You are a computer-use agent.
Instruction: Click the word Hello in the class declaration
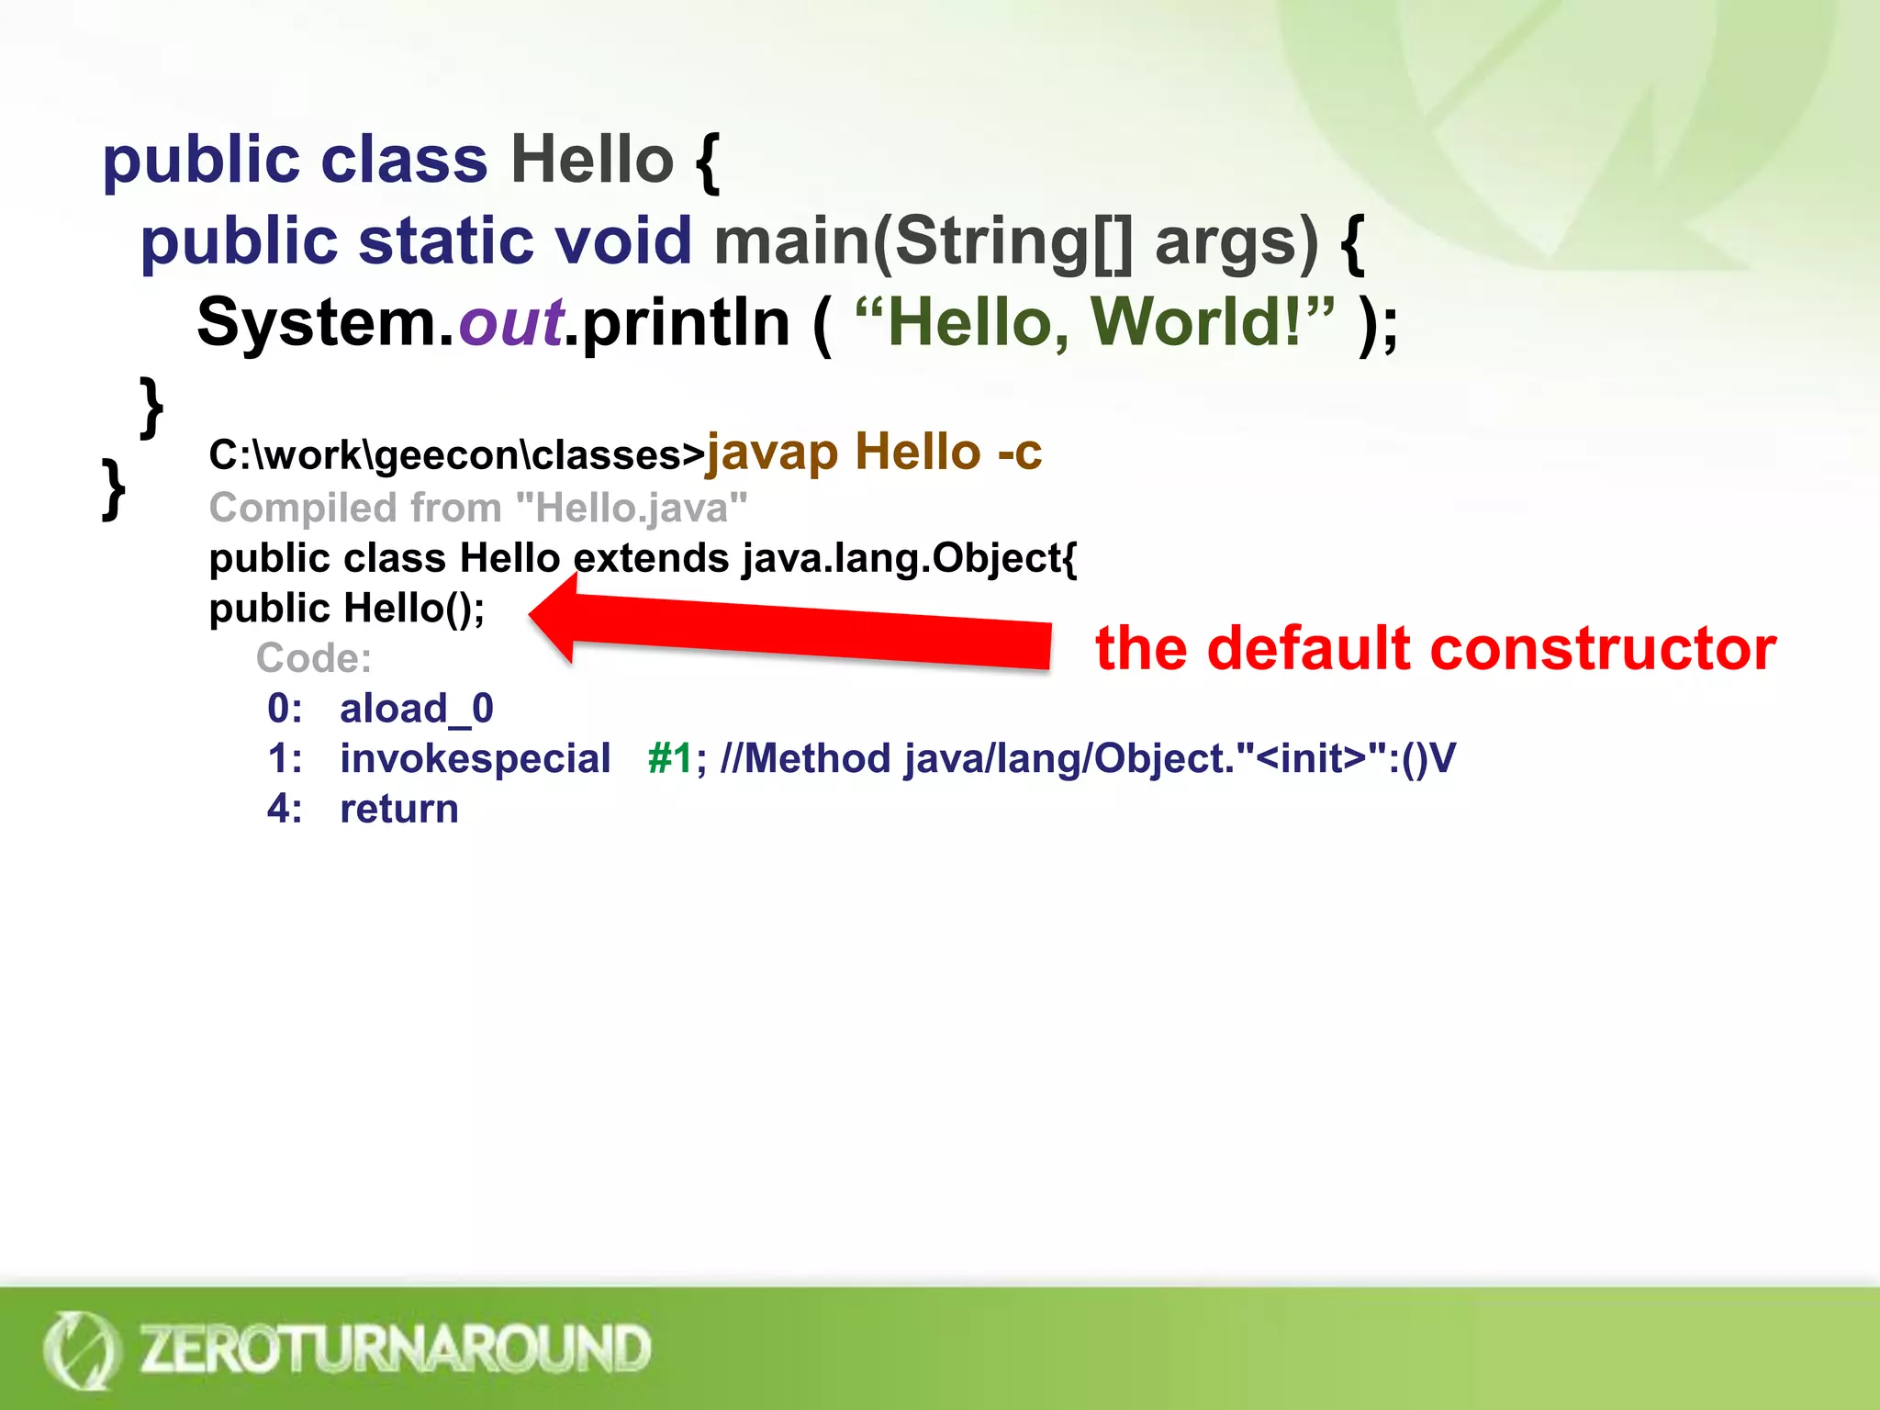click(x=592, y=160)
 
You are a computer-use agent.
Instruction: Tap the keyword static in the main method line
click(x=446, y=241)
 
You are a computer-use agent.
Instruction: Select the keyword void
click(x=623, y=241)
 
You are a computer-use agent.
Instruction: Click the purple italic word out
click(x=510, y=322)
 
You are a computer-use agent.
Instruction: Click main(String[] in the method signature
click(x=923, y=242)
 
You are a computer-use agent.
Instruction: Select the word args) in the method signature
click(x=1236, y=242)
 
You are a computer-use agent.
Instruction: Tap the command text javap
click(x=771, y=453)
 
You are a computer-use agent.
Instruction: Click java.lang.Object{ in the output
click(x=909, y=558)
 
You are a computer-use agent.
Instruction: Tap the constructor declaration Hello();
click(x=413, y=608)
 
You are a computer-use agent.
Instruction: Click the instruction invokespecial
click(x=475, y=759)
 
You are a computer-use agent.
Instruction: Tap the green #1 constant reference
click(x=669, y=759)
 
